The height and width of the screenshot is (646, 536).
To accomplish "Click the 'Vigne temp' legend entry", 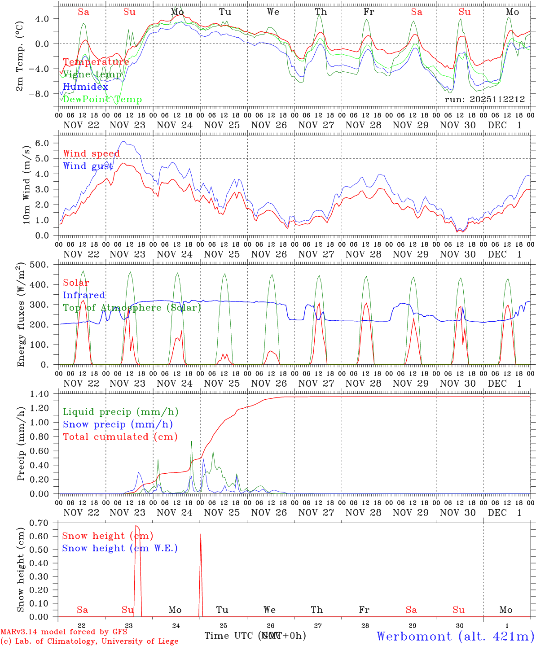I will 92,74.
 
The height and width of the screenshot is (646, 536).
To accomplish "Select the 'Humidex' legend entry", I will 85,87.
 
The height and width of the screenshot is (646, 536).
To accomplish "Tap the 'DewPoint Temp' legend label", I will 102,100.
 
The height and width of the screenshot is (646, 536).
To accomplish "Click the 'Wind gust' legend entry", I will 88,166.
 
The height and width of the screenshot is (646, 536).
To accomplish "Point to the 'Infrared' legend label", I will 84,295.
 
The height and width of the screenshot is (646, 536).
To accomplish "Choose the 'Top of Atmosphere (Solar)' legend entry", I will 132,308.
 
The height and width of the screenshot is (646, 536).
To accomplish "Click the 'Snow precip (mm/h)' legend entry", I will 118,424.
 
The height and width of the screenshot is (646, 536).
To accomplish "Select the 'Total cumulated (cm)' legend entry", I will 120,437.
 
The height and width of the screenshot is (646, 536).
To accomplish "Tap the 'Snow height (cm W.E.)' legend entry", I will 120,548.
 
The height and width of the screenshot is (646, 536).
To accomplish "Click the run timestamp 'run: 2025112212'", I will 484,99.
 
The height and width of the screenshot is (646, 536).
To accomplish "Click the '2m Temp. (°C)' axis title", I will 20,57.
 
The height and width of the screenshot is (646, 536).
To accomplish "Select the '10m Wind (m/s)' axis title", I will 26,184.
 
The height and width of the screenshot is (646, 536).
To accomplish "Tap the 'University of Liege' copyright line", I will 89,642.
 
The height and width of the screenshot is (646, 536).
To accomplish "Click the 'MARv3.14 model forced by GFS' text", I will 64,632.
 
